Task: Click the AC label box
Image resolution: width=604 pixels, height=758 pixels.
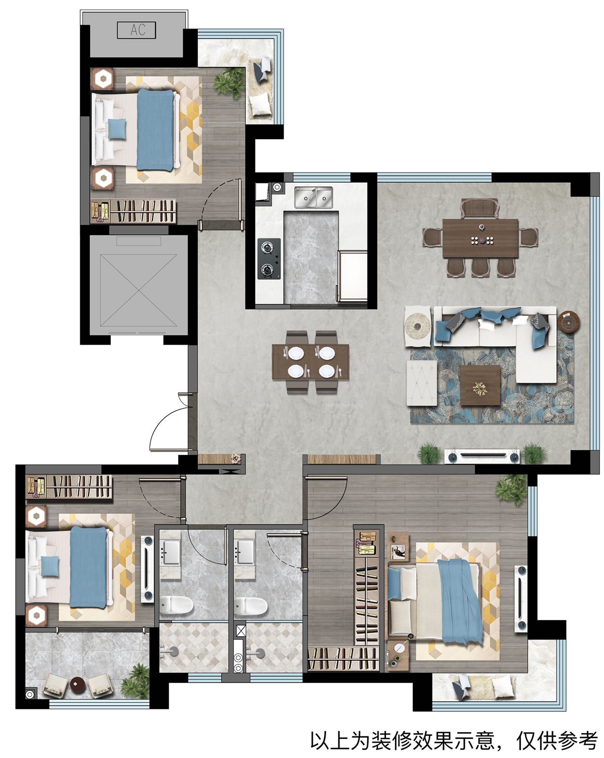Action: (136, 30)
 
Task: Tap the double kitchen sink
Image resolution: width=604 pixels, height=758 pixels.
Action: (313, 197)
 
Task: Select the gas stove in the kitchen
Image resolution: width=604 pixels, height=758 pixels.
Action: (269, 259)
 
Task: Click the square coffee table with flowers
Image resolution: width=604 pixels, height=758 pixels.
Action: (480, 385)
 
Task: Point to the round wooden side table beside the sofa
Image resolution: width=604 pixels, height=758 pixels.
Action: (568, 321)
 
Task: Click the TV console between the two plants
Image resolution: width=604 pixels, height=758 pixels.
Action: (482, 456)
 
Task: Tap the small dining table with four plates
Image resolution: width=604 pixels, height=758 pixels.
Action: (310, 362)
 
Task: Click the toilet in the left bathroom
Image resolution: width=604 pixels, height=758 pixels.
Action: (176, 605)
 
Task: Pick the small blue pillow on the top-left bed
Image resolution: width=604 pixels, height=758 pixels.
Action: (117, 129)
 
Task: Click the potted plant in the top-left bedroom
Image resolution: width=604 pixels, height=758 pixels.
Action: (229, 83)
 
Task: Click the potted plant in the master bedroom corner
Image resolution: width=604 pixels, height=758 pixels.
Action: (512, 489)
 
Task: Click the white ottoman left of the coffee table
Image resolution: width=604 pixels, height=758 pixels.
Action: (421, 382)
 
